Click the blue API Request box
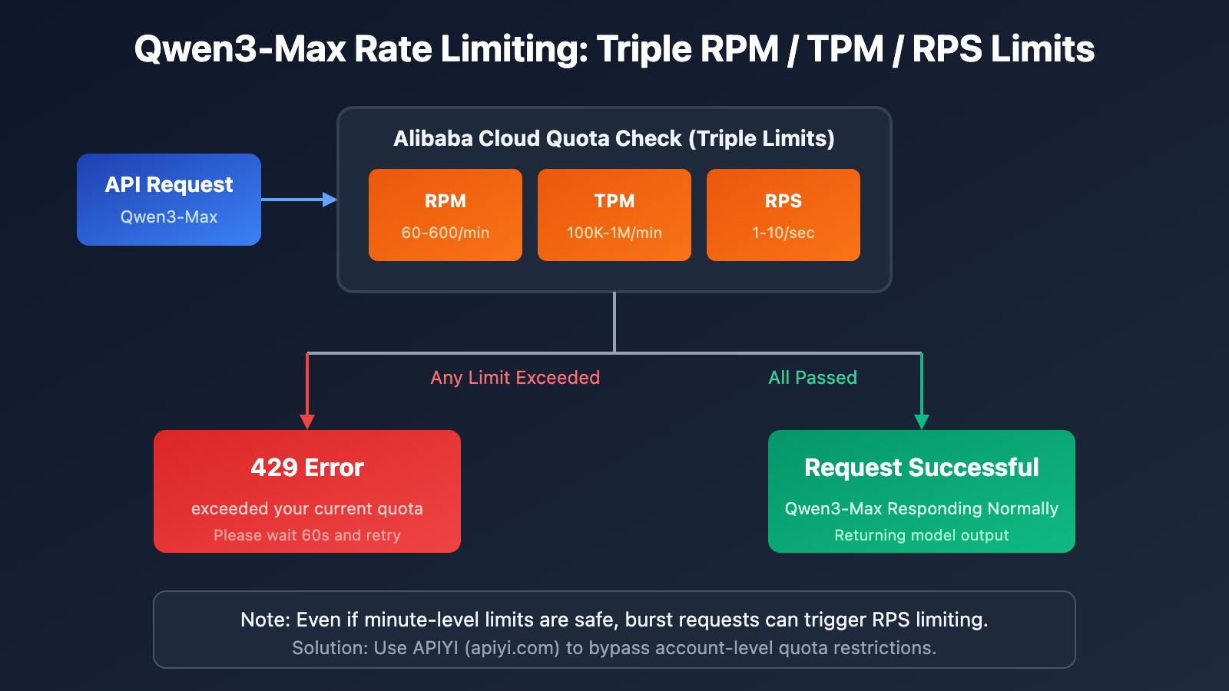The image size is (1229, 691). point(169,200)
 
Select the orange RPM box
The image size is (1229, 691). point(446,215)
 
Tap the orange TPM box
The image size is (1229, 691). point(614,215)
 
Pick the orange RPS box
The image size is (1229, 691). point(783,215)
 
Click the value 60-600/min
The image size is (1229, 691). point(446,233)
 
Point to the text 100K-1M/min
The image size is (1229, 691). point(614,233)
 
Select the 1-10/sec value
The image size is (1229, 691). point(783,233)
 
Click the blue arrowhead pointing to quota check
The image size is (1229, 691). point(330,200)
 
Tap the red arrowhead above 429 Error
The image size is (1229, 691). point(307,422)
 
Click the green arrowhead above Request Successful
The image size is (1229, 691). point(922,422)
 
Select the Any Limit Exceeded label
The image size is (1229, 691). point(515,378)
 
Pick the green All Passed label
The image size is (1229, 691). point(813,378)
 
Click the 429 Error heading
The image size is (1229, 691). point(307,468)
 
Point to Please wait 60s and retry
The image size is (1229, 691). point(307,535)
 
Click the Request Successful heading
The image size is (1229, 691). point(922,468)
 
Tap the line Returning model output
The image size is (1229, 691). point(922,535)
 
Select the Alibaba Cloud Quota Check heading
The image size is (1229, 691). point(614,138)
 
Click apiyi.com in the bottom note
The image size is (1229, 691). point(514,648)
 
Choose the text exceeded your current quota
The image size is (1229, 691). point(307,509)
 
